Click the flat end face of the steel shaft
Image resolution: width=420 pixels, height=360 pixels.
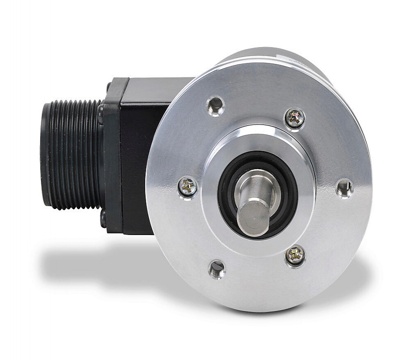[252, 217]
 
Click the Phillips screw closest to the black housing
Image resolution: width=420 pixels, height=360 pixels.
[188, 187]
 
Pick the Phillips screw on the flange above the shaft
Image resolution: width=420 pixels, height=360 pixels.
[295, 118]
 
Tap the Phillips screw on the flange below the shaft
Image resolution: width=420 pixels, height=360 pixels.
[295, 255]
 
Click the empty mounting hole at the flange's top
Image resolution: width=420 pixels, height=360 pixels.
[216, 106]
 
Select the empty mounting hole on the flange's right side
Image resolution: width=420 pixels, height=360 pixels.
[344, 188]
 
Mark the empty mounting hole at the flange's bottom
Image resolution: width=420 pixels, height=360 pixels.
[217, 269]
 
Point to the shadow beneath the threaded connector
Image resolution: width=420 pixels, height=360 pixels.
[84, 261]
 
